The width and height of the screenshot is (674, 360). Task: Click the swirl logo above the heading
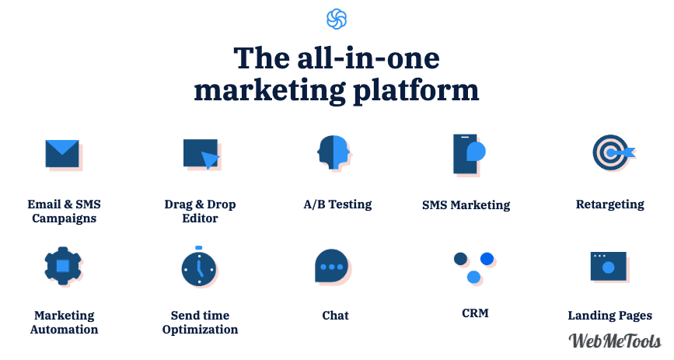click(337, 19)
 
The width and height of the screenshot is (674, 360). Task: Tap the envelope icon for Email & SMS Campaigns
click(62, 153)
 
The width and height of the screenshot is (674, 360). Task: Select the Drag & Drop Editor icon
click(201, 153)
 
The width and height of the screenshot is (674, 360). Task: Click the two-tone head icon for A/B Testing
click(334, 152)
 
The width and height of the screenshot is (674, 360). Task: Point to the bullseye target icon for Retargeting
click(612, 152)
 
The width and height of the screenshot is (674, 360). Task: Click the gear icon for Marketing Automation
click(63, 266)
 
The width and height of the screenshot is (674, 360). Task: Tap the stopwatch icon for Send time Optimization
click(198, 267)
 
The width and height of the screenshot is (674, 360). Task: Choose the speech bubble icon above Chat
click(331, 266)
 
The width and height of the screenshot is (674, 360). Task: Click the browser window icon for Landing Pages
click(608, 266)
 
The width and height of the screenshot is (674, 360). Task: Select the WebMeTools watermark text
click(615, 341)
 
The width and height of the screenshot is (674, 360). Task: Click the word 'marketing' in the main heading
click(270, 91)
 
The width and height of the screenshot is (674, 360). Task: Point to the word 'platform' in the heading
click(416, 91)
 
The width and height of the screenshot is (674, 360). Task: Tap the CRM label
click(475, 313)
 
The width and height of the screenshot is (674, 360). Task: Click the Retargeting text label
click(610, 204)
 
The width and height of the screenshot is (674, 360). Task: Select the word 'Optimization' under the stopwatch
click(200, 330)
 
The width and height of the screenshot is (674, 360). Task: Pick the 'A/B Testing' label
click(337, 204)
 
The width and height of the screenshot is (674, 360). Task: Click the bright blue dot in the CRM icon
click(487, 258)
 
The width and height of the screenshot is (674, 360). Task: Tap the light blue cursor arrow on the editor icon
click(210, 160)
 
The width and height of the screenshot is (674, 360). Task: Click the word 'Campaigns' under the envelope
click(64, 219)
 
